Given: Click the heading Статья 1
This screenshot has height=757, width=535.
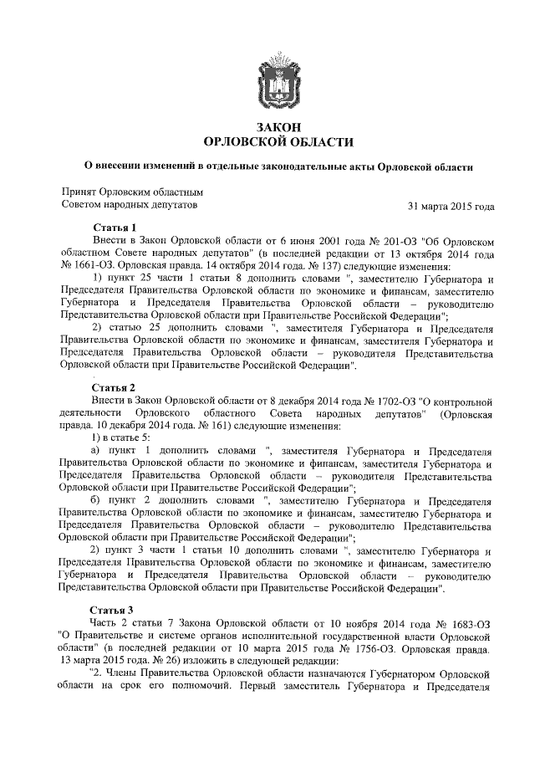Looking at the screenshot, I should (114, 227).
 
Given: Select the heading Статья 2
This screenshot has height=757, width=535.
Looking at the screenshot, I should (114, 387).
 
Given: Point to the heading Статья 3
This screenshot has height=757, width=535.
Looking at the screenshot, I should (114, 610).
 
